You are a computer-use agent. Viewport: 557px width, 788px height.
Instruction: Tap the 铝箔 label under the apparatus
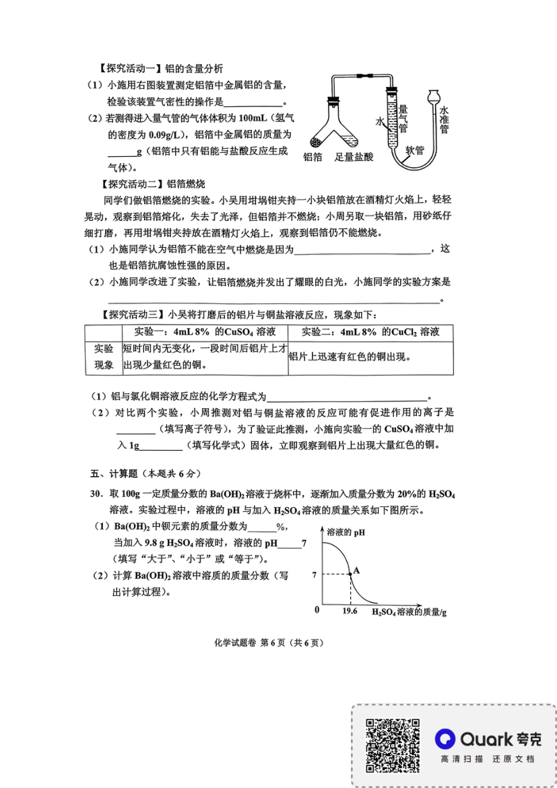point(313,156)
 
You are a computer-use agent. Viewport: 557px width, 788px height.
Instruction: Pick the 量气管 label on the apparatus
point(403,119)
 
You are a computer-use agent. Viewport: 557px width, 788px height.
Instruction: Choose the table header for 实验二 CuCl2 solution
point(370,332)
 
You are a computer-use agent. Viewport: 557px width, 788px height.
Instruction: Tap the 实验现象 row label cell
point(103,357)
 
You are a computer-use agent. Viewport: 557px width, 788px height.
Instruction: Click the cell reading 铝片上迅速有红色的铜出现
point(350,357)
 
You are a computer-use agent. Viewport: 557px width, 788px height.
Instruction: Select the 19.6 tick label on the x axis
point(350,611)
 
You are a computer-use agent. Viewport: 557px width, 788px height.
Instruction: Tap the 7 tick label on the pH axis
point(314,574)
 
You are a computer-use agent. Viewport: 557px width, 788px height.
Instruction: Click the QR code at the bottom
point(393,746)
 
